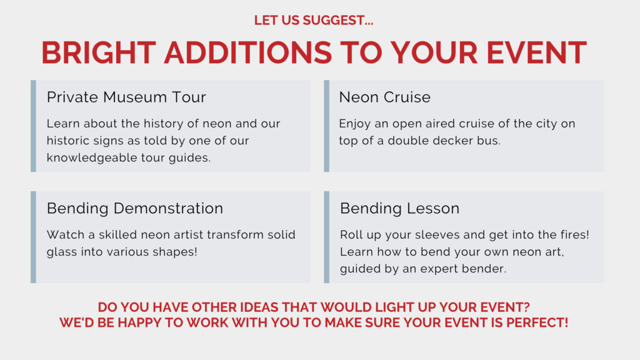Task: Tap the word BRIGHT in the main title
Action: click(98, 52)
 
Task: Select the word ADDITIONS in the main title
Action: click(248, 52)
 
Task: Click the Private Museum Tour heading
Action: click(126, 97)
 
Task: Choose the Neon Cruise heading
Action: click(385, 97)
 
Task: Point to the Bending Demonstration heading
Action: click(135, 208)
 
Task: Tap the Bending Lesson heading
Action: click(399, 208)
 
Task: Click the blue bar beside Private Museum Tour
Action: click(34, 126)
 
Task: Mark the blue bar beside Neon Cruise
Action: click(326, 126)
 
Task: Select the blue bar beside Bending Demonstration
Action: click(34, 237)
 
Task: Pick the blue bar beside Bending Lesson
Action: click(326, 237)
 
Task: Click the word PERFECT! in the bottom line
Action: click(537, 322)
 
